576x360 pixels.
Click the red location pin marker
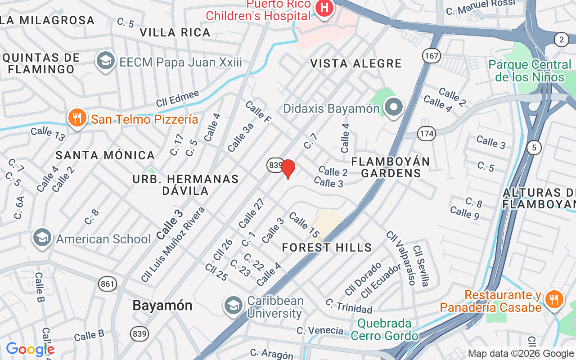(x=288, y=169)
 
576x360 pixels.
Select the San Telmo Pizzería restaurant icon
(x=77, y=118)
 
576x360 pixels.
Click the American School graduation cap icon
(x=42, y=238)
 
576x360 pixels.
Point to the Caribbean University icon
(x=234, y=306)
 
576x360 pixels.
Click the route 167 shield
(x=431, y=56)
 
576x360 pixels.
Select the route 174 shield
(x=426, y=133)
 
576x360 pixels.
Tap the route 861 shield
(x=108, y=284)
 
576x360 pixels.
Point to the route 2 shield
(x=561, y=40)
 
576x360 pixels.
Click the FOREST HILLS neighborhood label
(x=327, y=247)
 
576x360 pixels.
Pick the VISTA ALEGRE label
(x=355, y=63)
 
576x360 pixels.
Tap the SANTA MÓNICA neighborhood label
(x=105, y=155)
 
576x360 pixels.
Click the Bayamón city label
(x=162, y=305)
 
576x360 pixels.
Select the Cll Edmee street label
(x=177, y=99)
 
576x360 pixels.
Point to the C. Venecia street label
(x=319, y=330)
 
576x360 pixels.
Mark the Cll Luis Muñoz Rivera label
(x=173, y=245)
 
